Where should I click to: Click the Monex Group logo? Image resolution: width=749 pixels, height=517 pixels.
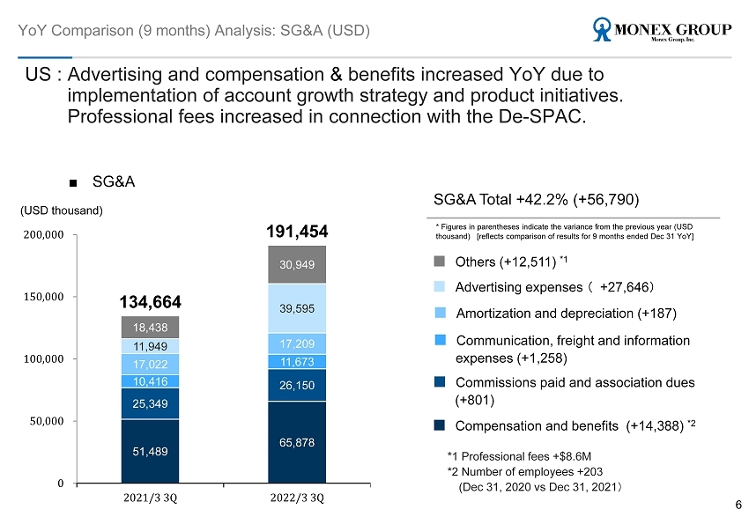pyautogui.click(x=663, y=31)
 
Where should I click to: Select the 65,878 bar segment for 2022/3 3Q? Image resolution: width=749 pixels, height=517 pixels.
pyautogui.click(x=297, y=442)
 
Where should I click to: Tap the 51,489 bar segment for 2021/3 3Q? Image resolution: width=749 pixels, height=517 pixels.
pyautogui.click(x=150, y=451)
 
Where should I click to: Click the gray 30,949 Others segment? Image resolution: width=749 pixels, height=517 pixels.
pyautogui.click(x=297, y=264)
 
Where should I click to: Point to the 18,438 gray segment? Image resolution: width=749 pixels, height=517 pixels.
pyautogui.click(x=150, y=327)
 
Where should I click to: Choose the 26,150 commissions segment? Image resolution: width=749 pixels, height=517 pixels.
pyautogui.click(x=297, y=385)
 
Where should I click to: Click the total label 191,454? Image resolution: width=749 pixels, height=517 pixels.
pyautogui.click(x=297, y=231)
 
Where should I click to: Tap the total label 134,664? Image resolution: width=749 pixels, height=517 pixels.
pyautogui.click(x=150, y=303)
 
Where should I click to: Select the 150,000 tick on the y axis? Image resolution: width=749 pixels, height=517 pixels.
pyautogui.click(x=42, y=297)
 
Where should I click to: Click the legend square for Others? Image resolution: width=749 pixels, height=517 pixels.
pyautogui.click(x=441, y=261)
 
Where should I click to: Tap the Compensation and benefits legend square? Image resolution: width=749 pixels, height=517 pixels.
pyautogui.click(x=441, y=425)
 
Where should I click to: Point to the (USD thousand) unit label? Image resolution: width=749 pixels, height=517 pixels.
pyautogui.click(x=62, y=210)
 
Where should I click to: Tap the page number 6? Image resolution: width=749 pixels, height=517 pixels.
pyautogui.click(x=738, y=504)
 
